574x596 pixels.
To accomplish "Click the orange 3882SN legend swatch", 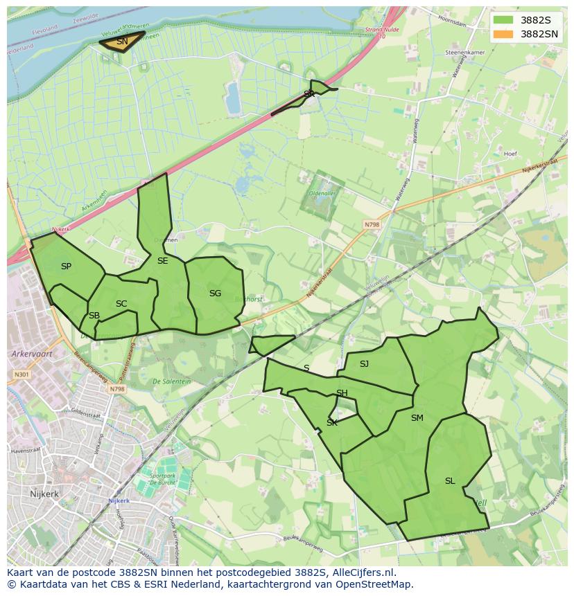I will tap(504, 34).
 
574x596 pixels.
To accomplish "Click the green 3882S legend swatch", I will tap(504, 20).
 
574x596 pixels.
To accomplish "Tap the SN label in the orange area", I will tap(122, 42).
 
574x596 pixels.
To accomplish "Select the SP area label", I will tap(66, 267).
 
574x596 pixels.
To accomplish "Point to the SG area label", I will tap(215, 294).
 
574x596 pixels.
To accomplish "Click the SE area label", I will tap(162, 261).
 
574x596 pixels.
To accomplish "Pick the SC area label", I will tap(121, 304).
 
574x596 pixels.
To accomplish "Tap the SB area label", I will tap(94, 316).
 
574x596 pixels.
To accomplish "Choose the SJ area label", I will tap(364, 363).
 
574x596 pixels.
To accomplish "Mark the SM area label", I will tap(417, 418).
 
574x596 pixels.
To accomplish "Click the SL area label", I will tap(450, 481).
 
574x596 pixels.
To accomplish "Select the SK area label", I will tap(332, 423).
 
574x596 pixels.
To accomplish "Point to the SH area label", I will tap(342, 393).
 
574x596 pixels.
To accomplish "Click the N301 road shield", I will tap(21, 374).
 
